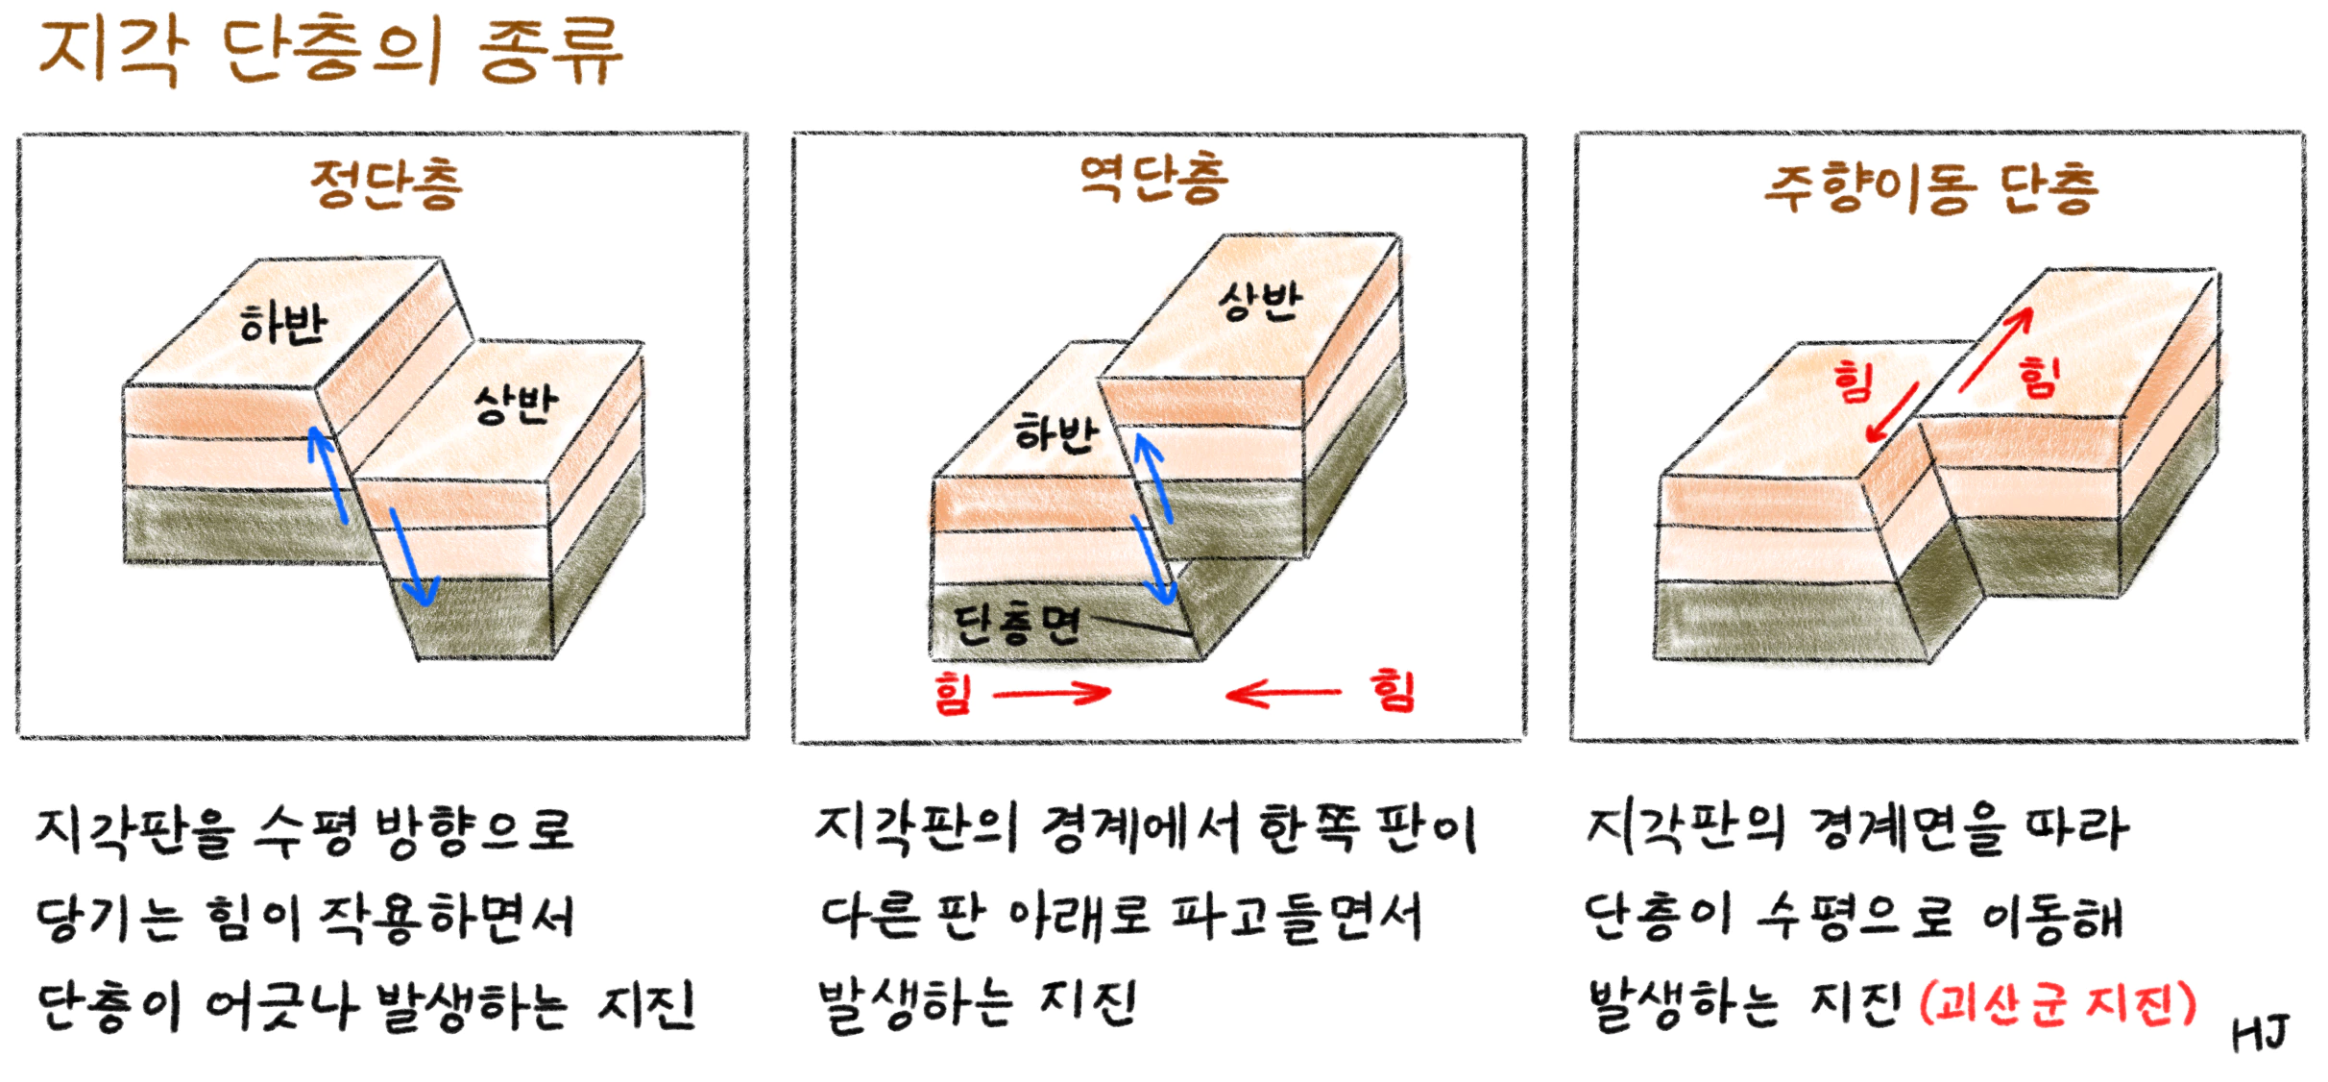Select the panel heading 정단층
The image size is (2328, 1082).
click(386, 184)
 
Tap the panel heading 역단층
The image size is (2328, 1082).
click(1152, 179)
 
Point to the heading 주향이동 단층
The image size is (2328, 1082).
click(1930, 187)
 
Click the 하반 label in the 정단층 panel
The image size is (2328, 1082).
click(283, 324)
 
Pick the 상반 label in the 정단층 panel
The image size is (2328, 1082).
click(516, 404)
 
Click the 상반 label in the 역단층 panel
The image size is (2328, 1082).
click(1259, 302)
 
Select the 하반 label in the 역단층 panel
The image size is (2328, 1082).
click(1055, 433)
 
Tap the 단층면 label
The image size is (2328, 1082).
click(1016, 626)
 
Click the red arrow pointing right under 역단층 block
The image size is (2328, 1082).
click(1052, 693)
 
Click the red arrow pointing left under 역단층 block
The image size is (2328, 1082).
click(1283, 693)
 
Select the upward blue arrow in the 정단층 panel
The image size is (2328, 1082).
click(327, 476)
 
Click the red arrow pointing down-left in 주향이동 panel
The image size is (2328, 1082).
click(1892, 413)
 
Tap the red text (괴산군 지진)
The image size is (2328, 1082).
click(2057, 1004)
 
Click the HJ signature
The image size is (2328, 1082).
click(2260, 1034)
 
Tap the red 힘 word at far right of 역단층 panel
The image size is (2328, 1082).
click(1393, 690)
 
